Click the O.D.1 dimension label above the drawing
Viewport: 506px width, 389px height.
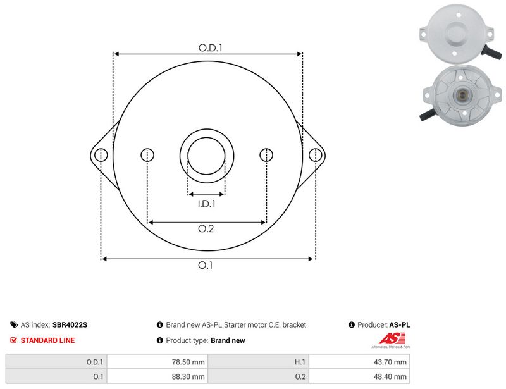point(211,48)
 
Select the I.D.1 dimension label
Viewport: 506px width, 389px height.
point(207,204)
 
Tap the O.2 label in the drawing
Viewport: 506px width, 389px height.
point(206,228)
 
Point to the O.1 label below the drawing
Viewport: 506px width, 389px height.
point(205,265)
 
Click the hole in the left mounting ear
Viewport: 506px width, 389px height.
point(101,155)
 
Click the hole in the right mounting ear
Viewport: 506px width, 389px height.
point(315,155)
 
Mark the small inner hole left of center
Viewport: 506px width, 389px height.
point(147,155)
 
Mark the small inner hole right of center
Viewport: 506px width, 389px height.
point(266,155)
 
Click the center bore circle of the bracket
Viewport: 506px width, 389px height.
point(207,138)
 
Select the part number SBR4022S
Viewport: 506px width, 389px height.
point(70,324)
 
